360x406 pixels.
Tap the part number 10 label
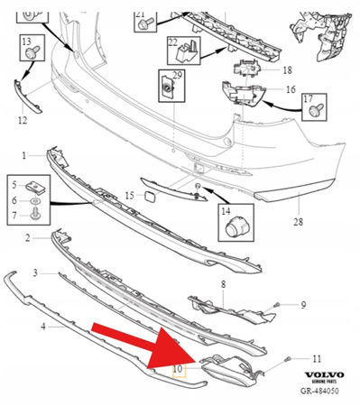(178, 369)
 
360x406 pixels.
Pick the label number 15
(129, 195)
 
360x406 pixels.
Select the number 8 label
(223, 284)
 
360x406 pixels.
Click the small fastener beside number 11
(288, 359)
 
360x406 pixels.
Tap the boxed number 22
(172, 42)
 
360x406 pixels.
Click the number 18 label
(287, 69)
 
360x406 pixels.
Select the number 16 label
(291, 90)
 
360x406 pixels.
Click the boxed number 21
(140, 15)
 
